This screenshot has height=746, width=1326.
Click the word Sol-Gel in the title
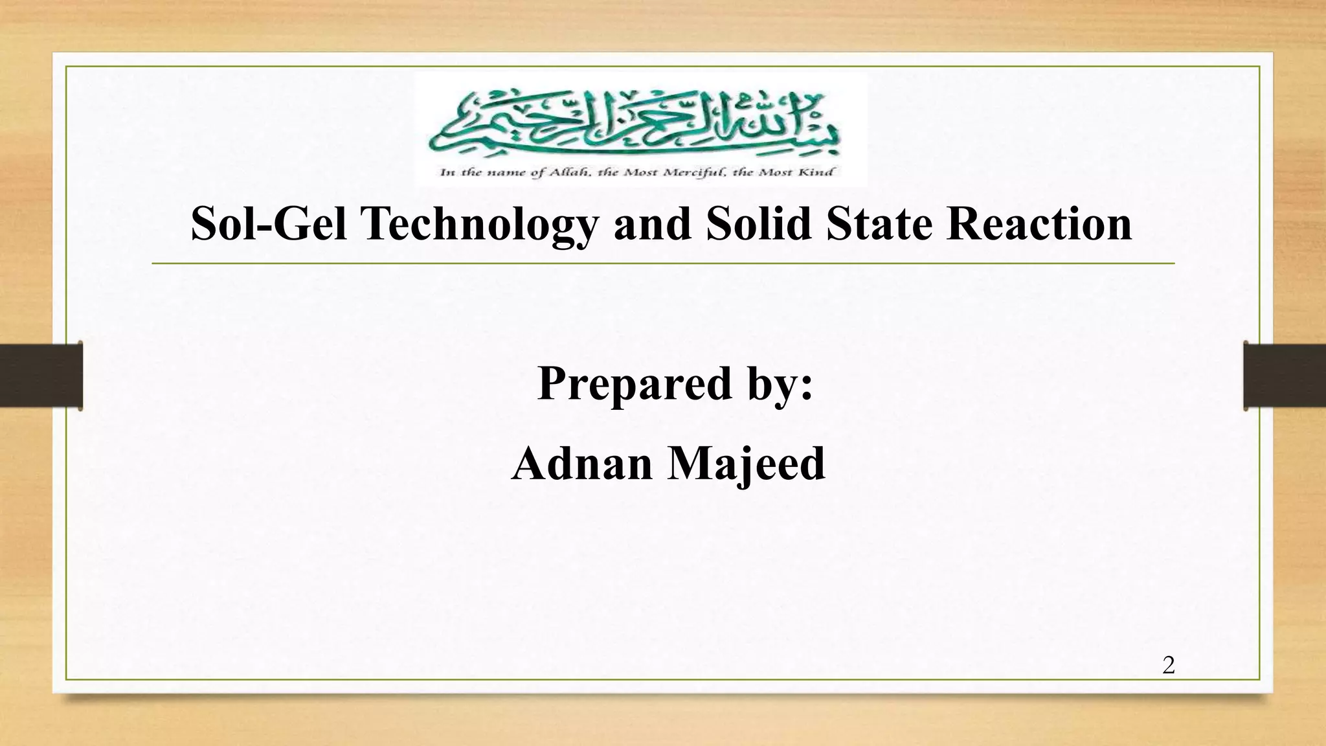click(268, 224)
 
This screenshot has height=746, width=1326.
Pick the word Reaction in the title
click(1039, 224)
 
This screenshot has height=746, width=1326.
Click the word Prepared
click(635, 384)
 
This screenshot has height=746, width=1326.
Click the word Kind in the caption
click(820, 172)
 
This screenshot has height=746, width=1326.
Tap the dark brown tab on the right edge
click(1285, 376)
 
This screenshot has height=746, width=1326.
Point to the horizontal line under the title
click(663, 264)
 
